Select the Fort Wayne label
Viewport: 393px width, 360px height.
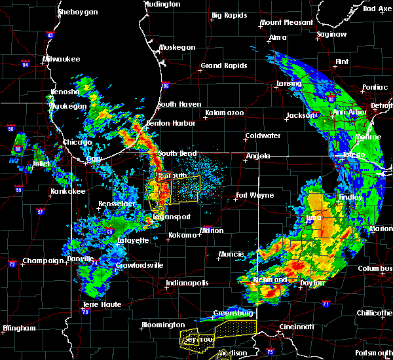pos(255,195)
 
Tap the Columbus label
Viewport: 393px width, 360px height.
pos(375,268)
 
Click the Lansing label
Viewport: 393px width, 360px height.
pos(288,84)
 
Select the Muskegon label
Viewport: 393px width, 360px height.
pos(178,47)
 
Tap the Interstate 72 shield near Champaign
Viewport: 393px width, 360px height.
pos(12,264)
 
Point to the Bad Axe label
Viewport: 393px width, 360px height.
pos(377,9)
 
